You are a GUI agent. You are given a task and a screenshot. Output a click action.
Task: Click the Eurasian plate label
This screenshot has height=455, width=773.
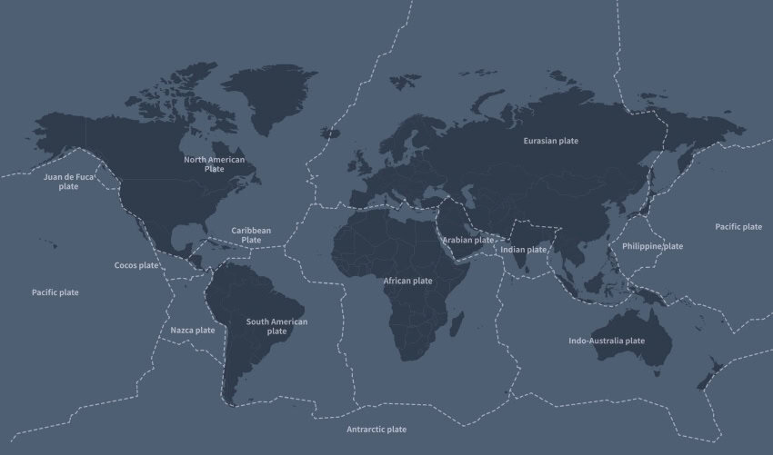[x=550, y=141]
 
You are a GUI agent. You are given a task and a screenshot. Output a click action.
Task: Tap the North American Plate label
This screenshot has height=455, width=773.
[x=215, y=163]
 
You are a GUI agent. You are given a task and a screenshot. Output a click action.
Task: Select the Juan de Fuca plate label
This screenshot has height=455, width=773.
[x=68, y=182]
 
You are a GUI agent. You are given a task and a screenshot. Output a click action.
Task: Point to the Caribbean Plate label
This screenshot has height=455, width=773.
[x=251, y=234]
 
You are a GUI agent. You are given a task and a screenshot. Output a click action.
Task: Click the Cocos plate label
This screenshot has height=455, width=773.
[x=136, y=265]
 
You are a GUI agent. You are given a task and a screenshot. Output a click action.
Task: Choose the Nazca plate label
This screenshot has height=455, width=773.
[x=193, y=330]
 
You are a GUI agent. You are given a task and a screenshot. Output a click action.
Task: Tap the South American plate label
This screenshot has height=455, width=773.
[x=276, y=326]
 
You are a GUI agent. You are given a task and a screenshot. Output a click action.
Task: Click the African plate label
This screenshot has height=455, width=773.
[x=407, y=281]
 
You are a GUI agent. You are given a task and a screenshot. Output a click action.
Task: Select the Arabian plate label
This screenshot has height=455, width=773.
[x=468, y=240]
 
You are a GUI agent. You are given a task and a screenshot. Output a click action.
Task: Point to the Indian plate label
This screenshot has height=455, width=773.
[x=524, y=249]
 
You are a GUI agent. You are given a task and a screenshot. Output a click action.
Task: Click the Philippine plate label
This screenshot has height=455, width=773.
[x=652, y=246]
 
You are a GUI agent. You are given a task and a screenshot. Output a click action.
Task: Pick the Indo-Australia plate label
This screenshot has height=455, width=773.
[x=606, y=341]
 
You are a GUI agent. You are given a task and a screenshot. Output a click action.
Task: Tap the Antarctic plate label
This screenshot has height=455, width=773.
[x=376, y=429]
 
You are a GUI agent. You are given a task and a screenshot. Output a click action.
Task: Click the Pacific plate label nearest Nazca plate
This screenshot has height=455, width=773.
[x=55, y=292]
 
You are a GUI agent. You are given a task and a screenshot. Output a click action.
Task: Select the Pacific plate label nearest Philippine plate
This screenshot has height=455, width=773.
[x=738, y=226]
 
